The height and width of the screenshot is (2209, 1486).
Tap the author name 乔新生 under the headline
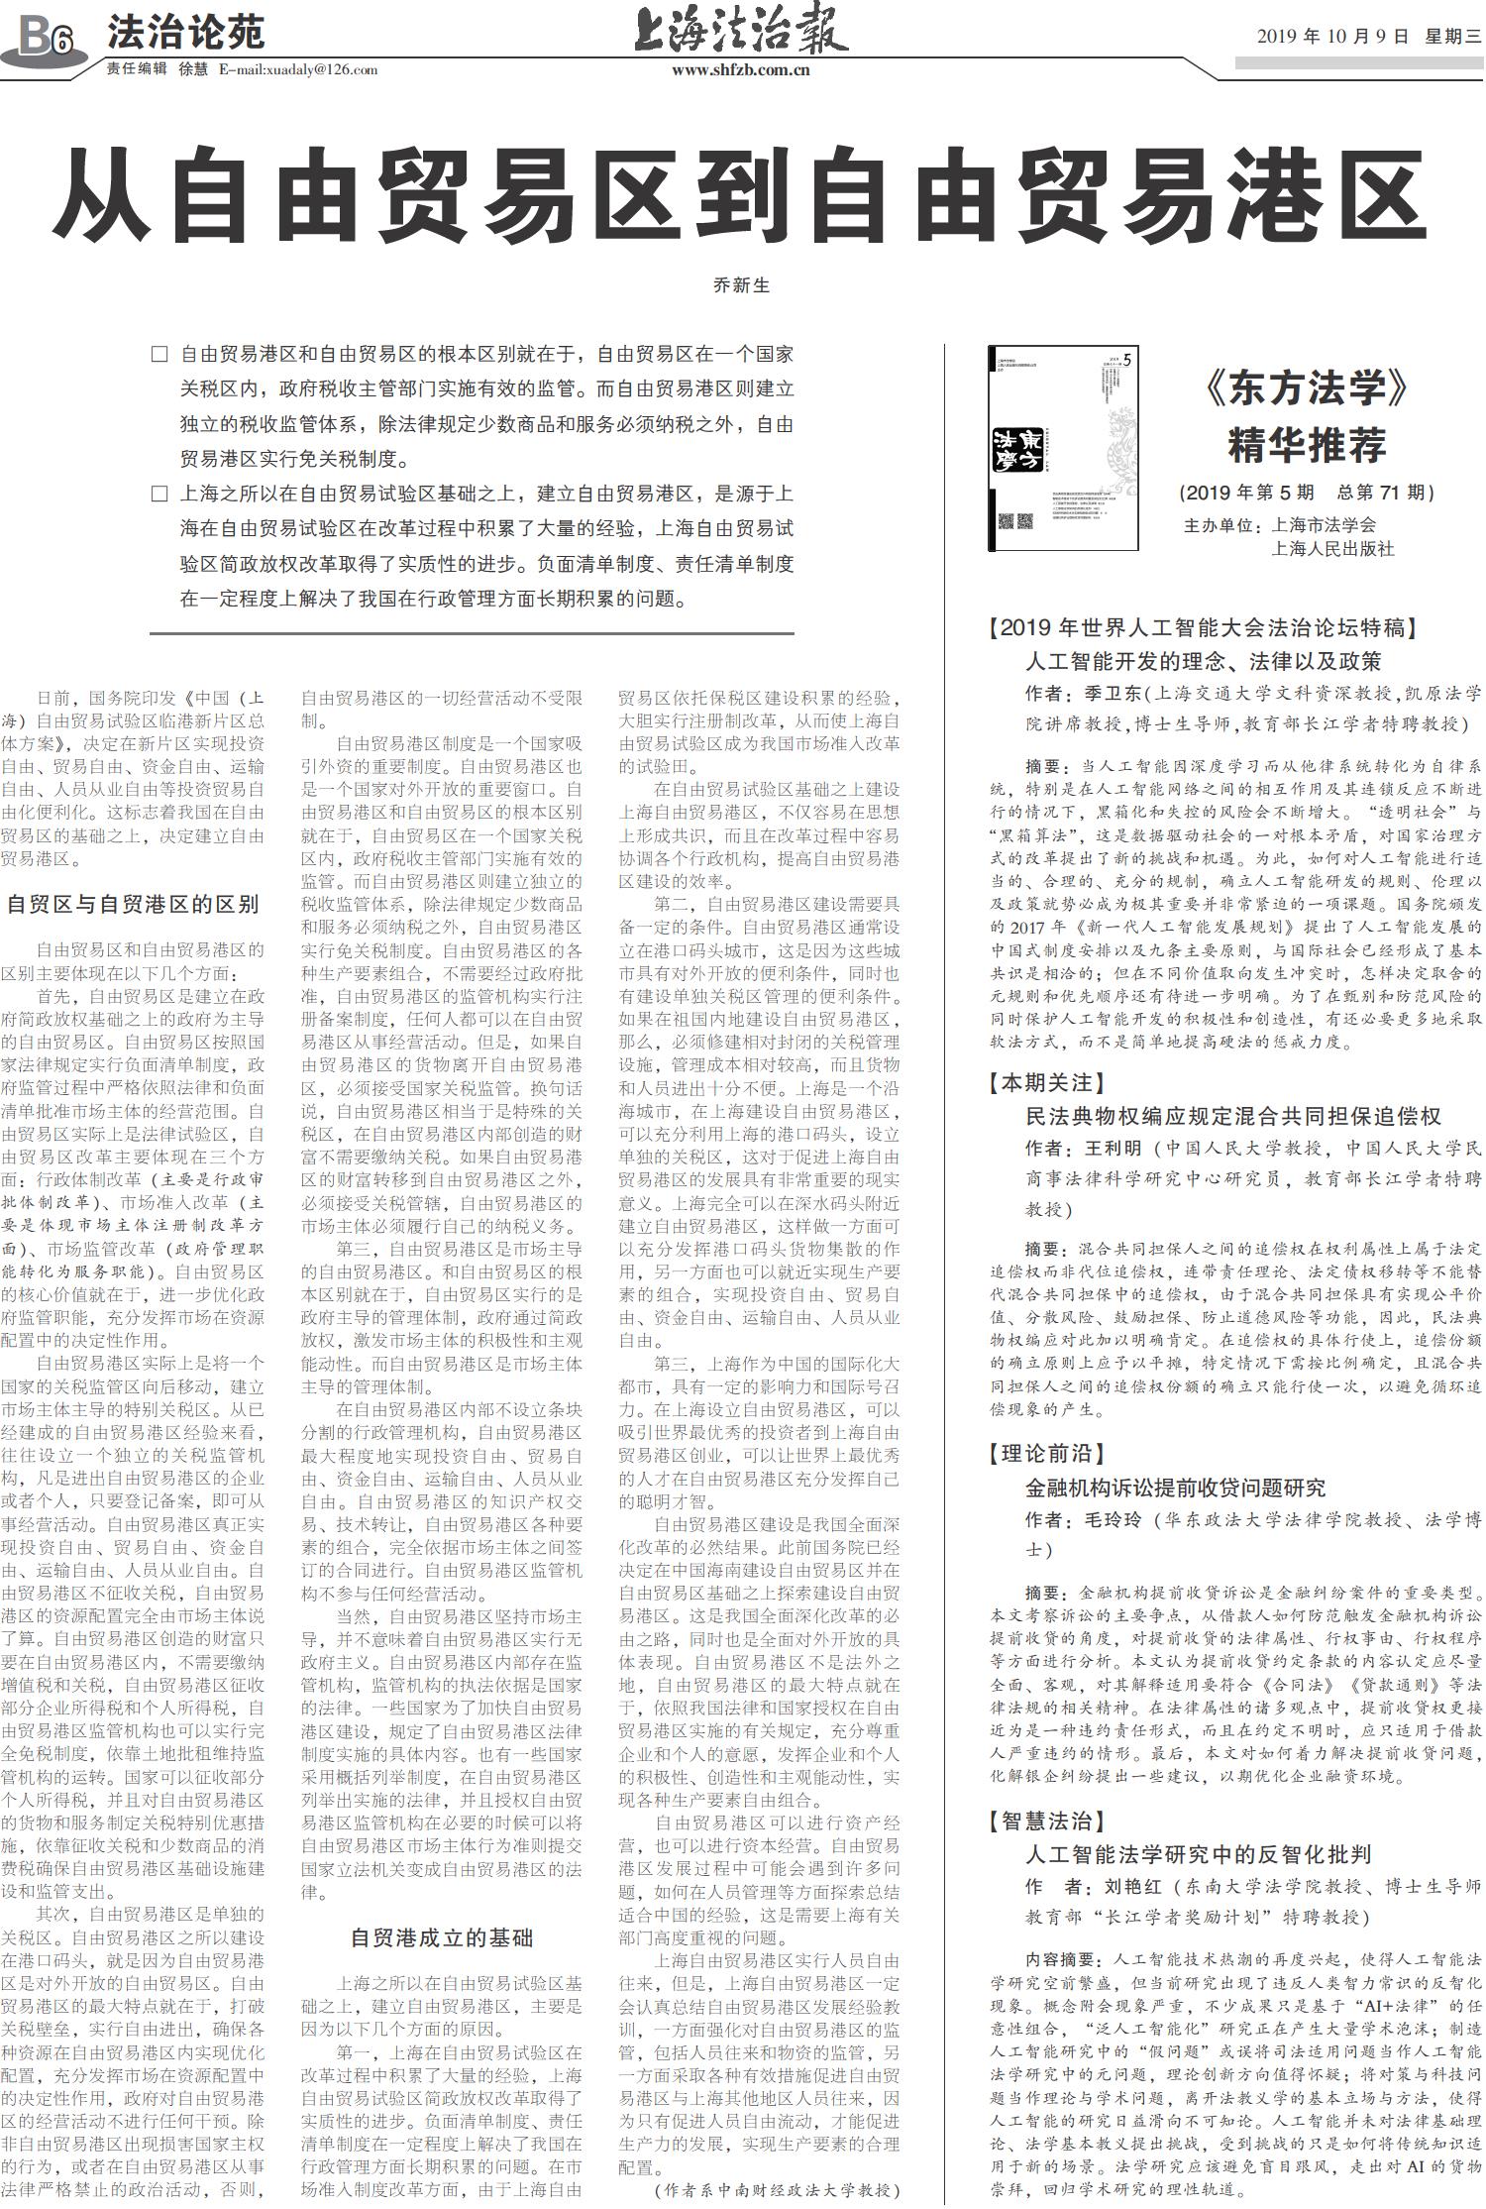741,285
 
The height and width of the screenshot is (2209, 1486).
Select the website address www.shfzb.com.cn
741,69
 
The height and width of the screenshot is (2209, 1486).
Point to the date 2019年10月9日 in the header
1332,37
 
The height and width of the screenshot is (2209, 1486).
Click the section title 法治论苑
186,33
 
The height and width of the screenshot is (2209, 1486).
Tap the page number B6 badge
46,41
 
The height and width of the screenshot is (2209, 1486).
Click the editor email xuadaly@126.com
298,69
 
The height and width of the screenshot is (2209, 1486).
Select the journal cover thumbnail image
1063,447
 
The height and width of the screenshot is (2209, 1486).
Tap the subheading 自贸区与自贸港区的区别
132,903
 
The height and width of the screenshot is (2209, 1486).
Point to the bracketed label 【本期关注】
1047,1082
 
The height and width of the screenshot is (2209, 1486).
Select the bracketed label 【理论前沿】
1047,1454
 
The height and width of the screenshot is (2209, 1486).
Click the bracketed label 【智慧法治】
1047,1821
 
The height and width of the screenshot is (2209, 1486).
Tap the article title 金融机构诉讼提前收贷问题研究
1175,1488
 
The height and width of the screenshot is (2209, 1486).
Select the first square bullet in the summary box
159,354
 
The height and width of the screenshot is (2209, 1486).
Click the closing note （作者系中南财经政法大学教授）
778,2189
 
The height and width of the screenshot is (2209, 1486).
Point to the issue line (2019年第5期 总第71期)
1307,493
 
